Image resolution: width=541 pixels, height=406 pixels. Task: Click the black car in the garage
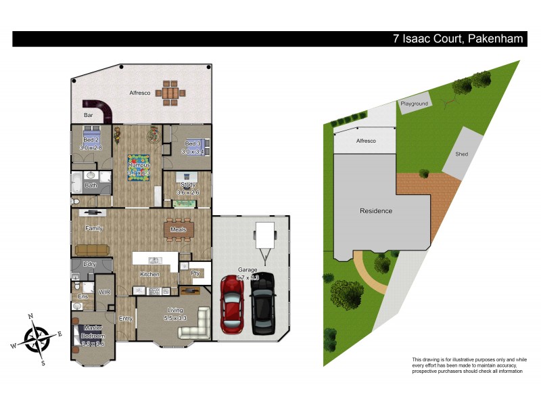point(262,304)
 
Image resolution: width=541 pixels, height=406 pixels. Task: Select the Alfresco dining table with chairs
point(170,94)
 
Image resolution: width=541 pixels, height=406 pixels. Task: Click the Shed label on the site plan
point(461,154)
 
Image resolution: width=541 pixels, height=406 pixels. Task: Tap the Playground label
point(415,104)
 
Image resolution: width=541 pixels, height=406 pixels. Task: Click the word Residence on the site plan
point(375,210)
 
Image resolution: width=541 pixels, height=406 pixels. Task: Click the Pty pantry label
point(196,273)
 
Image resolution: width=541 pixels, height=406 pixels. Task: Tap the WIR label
point(104,293)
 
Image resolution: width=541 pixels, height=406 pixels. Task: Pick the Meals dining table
point(179,229)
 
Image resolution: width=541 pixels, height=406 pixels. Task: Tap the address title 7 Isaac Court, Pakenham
point(458,39)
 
